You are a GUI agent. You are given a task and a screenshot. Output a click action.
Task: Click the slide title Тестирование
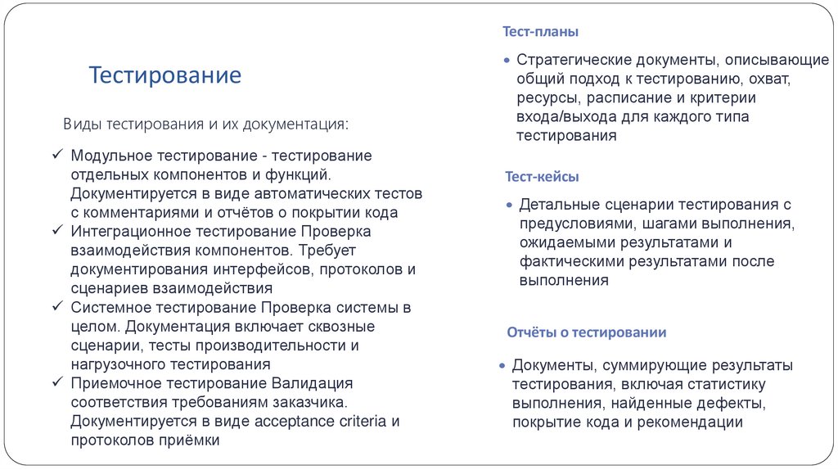[x=165, y=76]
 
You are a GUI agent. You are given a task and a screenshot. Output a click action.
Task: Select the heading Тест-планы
[x=541, y=32]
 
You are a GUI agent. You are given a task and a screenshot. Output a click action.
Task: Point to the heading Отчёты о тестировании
[x=586, y=332]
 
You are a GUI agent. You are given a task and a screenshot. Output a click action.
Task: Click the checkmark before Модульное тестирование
[x=57, y=156]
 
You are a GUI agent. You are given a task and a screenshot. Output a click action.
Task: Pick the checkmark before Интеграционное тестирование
[x=57, y=232]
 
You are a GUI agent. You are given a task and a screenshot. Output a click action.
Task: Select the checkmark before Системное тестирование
[x=57, y=308]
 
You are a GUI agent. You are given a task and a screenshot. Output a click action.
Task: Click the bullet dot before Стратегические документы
[x=507, y=61]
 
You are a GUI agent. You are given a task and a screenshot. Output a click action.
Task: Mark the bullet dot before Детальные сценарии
[x=510, y=205]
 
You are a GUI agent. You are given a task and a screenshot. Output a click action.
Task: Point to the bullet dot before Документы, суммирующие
[x=503, y=366]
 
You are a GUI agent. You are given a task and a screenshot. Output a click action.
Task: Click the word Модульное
[x=106, y=156]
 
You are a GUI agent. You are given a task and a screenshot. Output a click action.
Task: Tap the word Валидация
[x=313, y=384]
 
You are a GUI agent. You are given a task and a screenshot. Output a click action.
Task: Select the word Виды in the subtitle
[x=82, y=124]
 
